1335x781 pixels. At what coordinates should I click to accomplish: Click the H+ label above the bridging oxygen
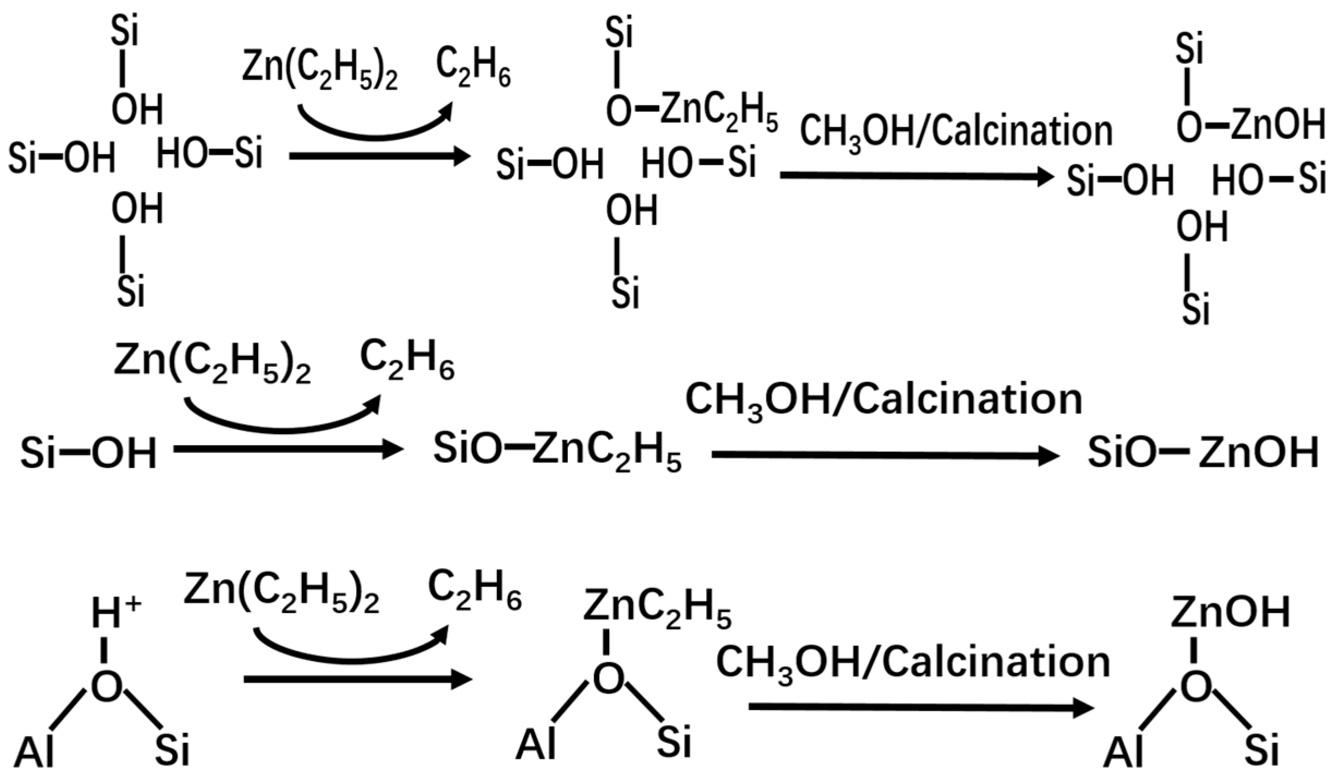point(116,614)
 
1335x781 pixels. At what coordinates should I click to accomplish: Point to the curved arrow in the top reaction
point(376,123)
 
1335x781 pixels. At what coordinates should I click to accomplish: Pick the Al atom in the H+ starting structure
point(34,752)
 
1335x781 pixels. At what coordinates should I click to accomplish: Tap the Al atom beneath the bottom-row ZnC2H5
point(536,744)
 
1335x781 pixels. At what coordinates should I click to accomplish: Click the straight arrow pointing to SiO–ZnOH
point(885,455)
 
